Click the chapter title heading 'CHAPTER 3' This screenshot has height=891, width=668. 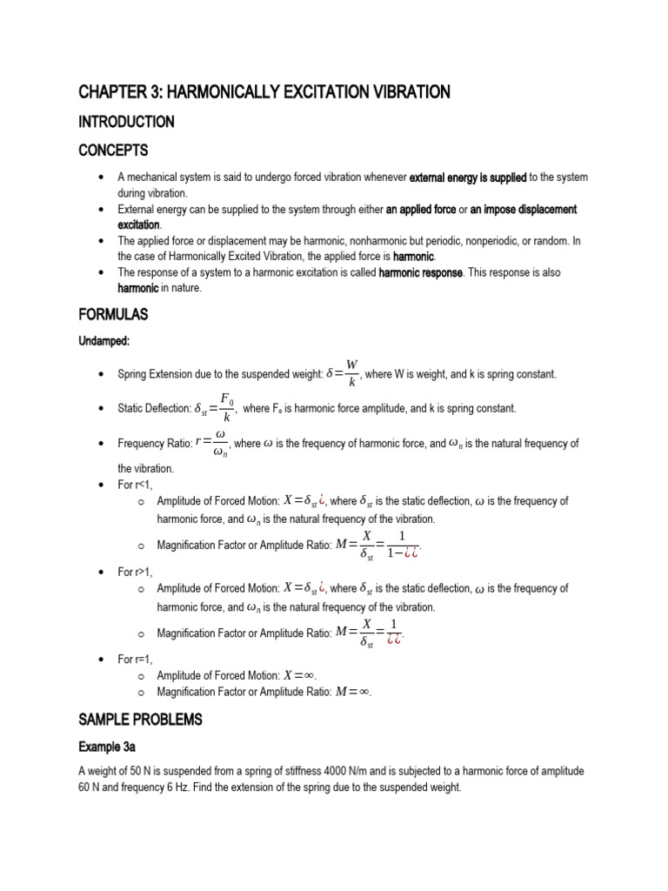click(x=264, y=91)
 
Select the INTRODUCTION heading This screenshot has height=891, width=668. click(x=126, y=122)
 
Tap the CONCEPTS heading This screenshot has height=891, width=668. click(x=113, y=151)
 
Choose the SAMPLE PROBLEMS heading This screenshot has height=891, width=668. click(x=140, y=720)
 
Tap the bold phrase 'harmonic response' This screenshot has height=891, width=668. click(x=421, y=273)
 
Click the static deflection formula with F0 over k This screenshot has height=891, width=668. click(x=214, y=407)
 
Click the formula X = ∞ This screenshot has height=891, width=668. click(x=300, y=675)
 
